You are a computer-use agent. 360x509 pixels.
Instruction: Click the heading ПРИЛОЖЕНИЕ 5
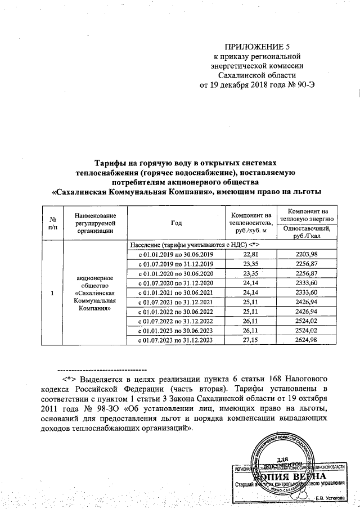tap(255, 47)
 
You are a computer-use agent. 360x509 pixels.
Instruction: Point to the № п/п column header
tap(52, 223)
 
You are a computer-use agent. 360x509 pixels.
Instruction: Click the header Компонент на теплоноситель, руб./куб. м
tap(248, 223)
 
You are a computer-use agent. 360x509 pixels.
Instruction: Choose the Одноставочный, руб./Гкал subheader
tap(309, 232)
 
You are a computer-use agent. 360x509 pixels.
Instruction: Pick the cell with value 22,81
tap(248, 255)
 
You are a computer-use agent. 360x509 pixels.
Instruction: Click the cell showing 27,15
tap(248, 340)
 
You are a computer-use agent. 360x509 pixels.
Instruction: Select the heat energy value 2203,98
tap(309, 255)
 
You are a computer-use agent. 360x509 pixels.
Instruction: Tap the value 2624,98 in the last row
tap(309, 340)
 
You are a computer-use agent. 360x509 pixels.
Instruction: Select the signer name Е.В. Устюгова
tap(328, 498)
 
